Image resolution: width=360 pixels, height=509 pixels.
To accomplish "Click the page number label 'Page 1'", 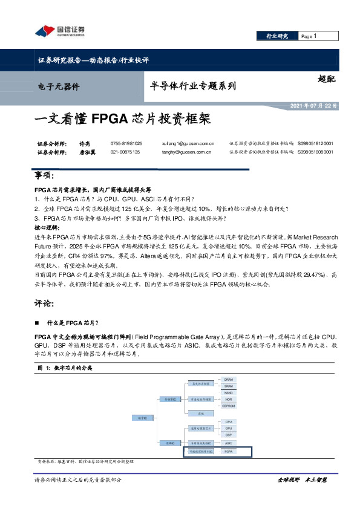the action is tap(310, 37).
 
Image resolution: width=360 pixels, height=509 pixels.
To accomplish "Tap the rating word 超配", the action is tap(325, 79).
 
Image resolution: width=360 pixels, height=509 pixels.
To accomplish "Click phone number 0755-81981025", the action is tap(126, 143).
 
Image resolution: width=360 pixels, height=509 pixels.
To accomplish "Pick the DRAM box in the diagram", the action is tap(229, 378).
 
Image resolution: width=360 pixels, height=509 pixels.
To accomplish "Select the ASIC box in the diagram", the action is tap(229, 443).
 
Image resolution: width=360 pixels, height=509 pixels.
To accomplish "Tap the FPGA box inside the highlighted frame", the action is tap(229, 452).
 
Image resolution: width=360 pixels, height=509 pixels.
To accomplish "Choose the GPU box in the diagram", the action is tap(229, 428).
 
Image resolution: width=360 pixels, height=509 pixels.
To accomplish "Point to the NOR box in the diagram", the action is tap(229, 400).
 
